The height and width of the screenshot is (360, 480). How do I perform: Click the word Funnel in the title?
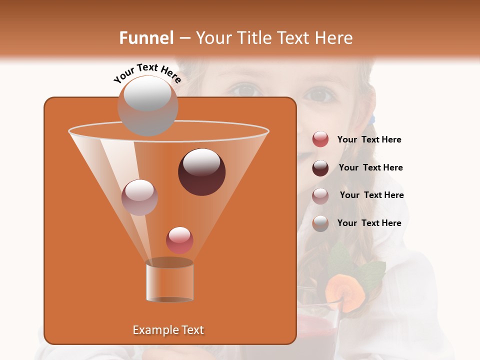tap(146, 38)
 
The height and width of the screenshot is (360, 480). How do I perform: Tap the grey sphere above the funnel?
tap(147, 105)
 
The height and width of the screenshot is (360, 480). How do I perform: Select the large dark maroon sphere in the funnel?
tap(202, 172)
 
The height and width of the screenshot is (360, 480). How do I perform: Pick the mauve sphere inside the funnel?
tap(139, 197)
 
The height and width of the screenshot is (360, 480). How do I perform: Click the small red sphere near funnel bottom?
tap(180, 240)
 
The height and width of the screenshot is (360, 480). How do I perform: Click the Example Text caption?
tap(168, 330)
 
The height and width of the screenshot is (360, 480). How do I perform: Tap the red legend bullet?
tap(320, 139)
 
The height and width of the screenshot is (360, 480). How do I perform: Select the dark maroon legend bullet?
tap(320, 168)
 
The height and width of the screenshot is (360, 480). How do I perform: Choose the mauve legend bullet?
tap(320, 195)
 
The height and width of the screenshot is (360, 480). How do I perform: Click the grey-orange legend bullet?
tap(320, 223)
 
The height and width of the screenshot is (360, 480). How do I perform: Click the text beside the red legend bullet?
tap(369, 140)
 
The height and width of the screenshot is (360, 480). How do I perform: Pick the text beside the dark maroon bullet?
tap(370, 168)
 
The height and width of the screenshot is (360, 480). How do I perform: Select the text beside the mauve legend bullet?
tap(371, 195)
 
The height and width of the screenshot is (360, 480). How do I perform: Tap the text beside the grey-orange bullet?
tap(369, 223)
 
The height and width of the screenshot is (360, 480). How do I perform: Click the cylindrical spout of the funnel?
tap(169, 281)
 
